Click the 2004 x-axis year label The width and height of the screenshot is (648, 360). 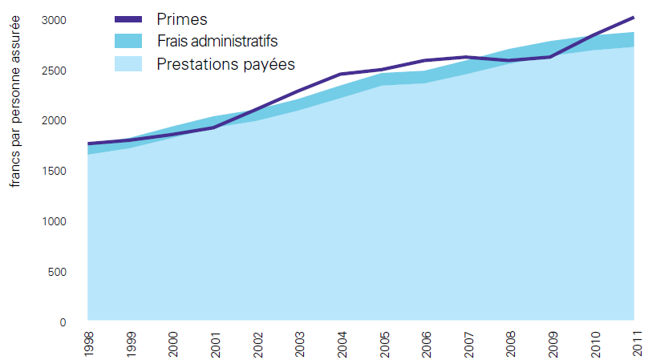pyautogui.click(x=341, y=341)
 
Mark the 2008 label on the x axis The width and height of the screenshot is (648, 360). pyautogui.click(x=510, y=341)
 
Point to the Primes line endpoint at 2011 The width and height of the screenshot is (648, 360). pyautogui.click(x=634, y=17)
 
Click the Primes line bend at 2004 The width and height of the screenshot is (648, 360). pyautogui.click(x=341, y=75)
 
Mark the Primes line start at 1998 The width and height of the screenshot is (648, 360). pyautogui.click(x=88, y=144)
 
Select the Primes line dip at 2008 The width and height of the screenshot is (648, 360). pyautogui.click(x=510, y=61)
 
